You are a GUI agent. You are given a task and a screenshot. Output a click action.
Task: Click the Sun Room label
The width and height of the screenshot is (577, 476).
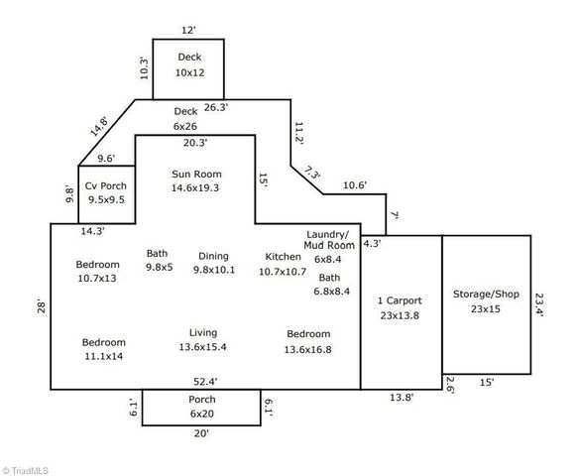(x=195, y=180)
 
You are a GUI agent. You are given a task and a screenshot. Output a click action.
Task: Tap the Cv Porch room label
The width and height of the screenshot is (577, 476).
(x=104, y=192)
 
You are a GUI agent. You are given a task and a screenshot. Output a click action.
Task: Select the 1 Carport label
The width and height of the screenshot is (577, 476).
(x=401, y=307)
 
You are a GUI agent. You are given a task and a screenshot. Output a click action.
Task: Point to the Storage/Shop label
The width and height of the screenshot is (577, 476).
(x=486, y=300)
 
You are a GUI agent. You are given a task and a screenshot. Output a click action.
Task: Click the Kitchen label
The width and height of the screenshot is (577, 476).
(x=283, y=264)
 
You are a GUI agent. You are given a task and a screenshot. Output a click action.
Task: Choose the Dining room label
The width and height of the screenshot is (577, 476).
(x=213, y=263)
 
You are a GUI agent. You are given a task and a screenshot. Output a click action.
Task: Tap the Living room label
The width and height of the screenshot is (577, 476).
(x=203, y=340)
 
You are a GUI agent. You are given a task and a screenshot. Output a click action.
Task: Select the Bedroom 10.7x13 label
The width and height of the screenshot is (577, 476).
(x=98, y=271)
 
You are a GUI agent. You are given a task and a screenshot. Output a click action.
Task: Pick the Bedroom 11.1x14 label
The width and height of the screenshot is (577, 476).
(x=103, y=348)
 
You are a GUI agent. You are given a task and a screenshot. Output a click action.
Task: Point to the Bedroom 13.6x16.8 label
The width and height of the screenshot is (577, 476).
(x=308, y=341)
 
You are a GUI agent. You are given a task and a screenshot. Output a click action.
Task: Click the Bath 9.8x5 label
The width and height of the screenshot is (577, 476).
(x=159, y=260)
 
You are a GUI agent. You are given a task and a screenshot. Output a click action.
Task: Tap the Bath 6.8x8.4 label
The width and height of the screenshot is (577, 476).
(x=329, y=285)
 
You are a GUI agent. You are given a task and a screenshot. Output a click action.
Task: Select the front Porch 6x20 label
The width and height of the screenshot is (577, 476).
(x=202, y=407)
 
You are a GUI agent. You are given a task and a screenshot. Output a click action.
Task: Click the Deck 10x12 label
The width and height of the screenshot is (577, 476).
(x=189, y=65)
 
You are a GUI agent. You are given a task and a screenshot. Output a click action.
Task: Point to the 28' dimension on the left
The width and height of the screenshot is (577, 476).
(x=41, y=305)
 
